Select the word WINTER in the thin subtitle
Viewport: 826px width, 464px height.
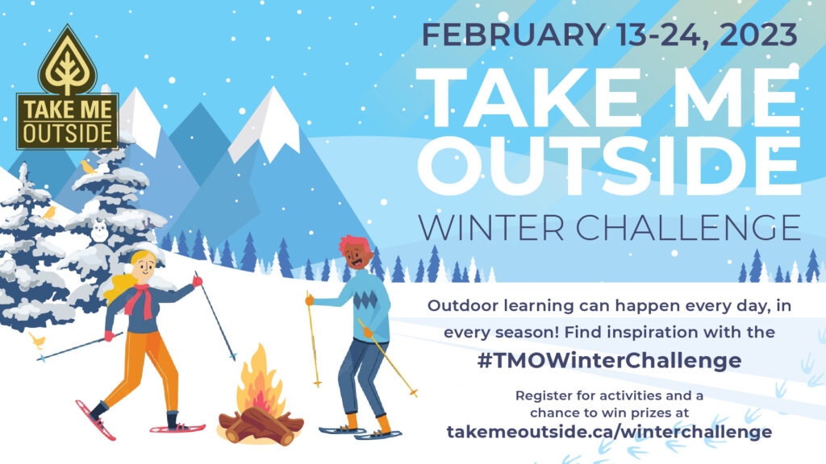pos(491,227)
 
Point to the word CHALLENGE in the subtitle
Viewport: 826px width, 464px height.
pos(688,227)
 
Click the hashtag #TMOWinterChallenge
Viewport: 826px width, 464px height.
pos(610,361)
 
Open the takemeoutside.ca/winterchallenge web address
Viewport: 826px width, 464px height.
pos(610,432)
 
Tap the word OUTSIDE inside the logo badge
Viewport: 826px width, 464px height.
pos(68,133)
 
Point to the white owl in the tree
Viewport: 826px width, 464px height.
pos(99,231)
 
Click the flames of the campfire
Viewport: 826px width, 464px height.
pos(260,381)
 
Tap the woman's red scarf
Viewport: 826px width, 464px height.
pos(140,300)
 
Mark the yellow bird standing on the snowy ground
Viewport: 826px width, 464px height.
pos(37,341)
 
